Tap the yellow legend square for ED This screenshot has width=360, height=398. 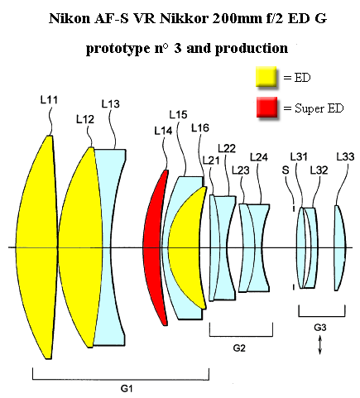pos(266,77)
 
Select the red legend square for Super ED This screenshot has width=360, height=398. pos(266,107)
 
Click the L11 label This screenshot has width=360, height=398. pos(49,100)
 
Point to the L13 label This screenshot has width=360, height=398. pos(110,104)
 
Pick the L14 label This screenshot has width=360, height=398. pos(163,131)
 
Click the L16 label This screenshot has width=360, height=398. pos(200,127)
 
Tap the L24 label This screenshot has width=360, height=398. pos(259,157)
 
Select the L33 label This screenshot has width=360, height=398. pos(345,156)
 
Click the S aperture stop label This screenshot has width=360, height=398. pos(286,170)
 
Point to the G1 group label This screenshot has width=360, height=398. pos(127,389)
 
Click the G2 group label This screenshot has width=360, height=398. pos(239,348)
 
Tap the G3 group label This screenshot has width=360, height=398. pos(320,328)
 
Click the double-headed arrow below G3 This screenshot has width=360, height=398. pos(319,344)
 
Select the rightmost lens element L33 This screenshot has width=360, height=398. pos(340,247)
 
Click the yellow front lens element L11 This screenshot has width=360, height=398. pos(36,247)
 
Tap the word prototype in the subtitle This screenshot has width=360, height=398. pos(118,49)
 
